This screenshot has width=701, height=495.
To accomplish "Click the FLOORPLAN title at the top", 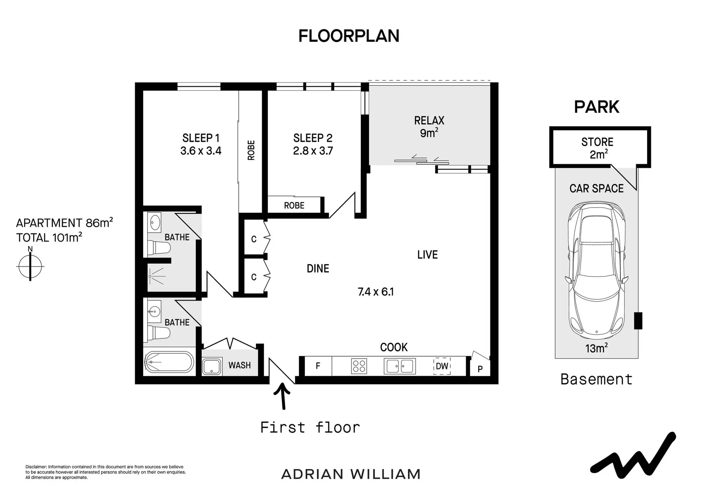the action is tap(349, 36).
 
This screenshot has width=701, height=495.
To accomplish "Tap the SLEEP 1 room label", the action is tap(201, 138).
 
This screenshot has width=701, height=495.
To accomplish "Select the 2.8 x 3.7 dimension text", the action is tap(313, 151).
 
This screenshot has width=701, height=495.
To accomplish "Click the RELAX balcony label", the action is tap(429, 120).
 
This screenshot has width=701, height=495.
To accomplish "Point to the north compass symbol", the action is tap(30, 266).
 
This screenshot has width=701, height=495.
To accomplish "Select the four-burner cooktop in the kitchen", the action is tap(359, 366).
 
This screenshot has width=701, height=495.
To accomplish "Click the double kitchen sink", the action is tap(399, 366).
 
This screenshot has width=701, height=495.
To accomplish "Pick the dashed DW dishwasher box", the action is tap(442, 366).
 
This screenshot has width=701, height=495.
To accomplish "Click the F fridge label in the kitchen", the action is tap(318, 366).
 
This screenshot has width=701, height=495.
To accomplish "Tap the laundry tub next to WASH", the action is tap(212, 366).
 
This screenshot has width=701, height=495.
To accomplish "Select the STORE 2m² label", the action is tap(597, 148).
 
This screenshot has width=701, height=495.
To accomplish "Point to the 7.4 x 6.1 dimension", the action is tap(376, 292).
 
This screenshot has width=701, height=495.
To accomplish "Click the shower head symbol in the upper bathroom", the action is tap(150, 276).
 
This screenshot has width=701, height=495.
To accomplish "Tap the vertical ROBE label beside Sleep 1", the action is tap(251, 150).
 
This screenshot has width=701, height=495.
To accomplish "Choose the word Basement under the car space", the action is tap(596, 379).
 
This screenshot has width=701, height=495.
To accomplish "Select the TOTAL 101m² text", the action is tap(49, 237).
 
